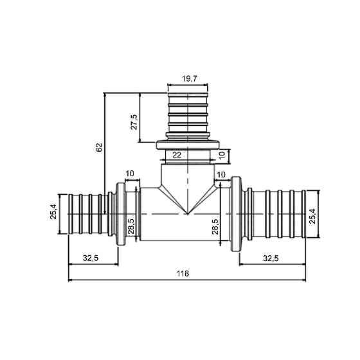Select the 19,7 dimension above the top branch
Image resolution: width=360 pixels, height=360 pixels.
188,78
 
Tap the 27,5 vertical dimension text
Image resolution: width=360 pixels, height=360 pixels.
134,121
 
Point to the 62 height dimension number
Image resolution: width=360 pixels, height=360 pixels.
98,147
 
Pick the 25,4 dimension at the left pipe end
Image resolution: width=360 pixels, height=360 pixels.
54,212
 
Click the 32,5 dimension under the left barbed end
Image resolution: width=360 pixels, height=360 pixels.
91,258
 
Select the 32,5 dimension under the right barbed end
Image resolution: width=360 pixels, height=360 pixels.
271,258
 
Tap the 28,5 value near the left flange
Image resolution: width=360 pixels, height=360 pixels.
130,226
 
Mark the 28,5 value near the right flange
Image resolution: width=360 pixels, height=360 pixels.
216,226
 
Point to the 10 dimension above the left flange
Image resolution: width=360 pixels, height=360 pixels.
130,174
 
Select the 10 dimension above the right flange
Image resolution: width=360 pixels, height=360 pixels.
221,174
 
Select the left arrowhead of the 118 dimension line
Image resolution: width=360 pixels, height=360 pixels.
70,280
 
